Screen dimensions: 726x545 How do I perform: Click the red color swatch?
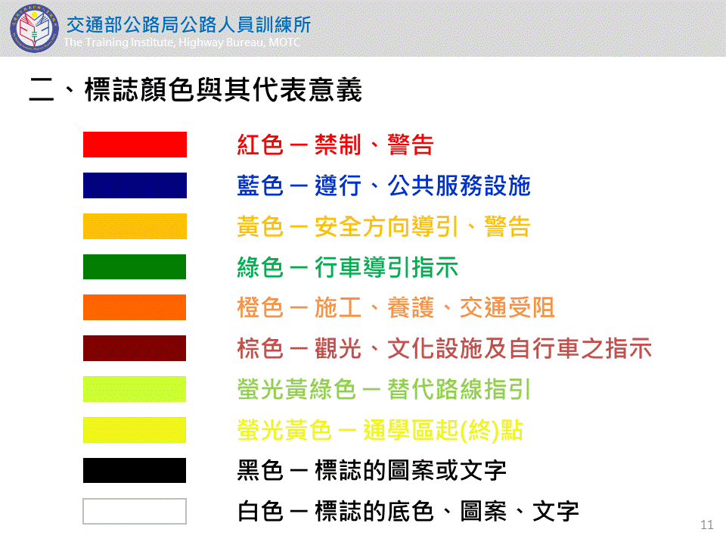pos(135,145)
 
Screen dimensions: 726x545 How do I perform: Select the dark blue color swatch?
pos(135,185)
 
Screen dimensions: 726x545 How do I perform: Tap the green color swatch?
pos(135,267)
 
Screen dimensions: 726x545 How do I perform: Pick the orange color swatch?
pos(135,307)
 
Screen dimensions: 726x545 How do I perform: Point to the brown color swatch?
pos(135,348)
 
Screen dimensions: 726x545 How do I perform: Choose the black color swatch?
pos(135,470)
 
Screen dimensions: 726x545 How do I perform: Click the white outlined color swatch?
pos(135,511)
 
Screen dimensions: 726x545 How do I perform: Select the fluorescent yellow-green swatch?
pos(135,389)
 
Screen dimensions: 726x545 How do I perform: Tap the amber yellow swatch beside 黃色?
pos(135,226)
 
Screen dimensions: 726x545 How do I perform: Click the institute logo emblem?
pos(34,28)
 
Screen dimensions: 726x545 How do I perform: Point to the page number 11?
pos(707,525)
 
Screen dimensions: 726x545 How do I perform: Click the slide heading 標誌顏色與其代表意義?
pos(223,89)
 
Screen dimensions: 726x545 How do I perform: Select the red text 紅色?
pos(259,145)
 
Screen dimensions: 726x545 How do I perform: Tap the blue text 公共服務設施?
pos(459,185)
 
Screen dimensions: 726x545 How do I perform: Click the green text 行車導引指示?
pos(386,267)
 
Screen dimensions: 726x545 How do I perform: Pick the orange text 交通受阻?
pos(507,308)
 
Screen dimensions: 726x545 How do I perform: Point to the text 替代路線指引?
pos(459,389)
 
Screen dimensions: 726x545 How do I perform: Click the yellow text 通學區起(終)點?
pos(443,430)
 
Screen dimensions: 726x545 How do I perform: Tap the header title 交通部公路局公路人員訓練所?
pos(188,25)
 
